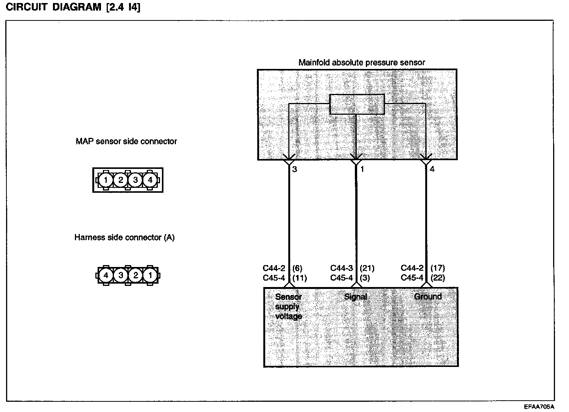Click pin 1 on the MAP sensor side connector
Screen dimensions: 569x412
tap(106, 180)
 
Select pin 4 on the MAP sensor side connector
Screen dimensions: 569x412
tap(150, 180)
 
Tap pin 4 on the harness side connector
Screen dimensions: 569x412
tap(106, 275)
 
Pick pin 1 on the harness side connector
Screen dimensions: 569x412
tap(150, 275)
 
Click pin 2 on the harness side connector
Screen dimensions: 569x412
tap(135, 275)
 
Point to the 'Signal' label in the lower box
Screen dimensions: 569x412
tap(356, 297)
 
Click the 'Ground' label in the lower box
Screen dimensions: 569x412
tap(428, 297)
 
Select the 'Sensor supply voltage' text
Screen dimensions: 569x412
tap(289, 306)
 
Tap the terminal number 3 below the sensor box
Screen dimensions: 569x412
tap(295, 169)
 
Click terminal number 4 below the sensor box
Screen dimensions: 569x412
tap(432, 169)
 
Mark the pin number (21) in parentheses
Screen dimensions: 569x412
tap(367, 268)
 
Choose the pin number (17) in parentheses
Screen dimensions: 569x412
tap(438, 268)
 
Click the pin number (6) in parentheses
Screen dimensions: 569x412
tap(297, 268)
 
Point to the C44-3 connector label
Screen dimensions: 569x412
tap(342, 268)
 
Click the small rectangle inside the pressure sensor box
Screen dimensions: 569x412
tap(357, 104)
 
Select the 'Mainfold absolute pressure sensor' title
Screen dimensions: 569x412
tap(362, 62)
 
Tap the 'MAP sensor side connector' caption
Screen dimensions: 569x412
tap(126, 141)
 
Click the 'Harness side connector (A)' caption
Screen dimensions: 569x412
tap(124, 237)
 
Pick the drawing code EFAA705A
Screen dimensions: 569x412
tap(539, 407)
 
